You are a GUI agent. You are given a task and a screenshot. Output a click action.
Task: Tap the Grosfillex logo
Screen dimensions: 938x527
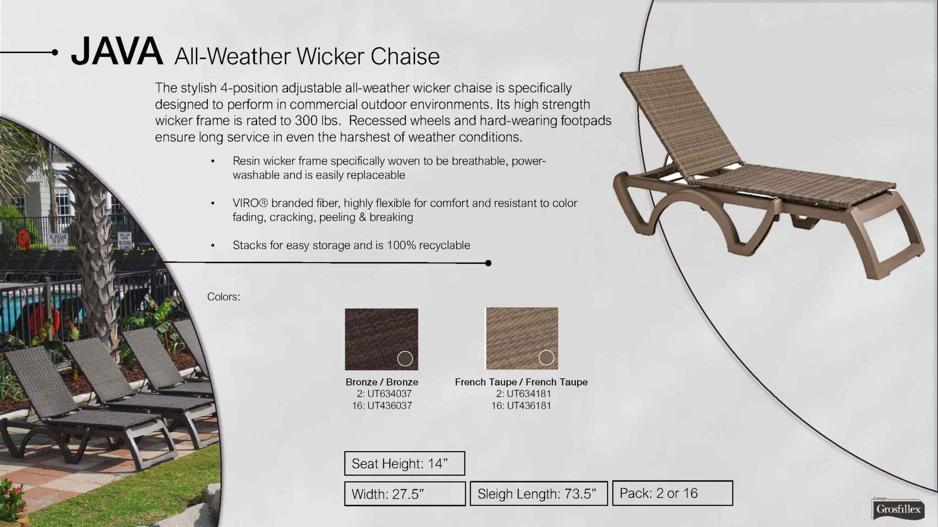coord(898,509)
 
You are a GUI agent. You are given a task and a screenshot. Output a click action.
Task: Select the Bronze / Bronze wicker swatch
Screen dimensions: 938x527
coord(382,339)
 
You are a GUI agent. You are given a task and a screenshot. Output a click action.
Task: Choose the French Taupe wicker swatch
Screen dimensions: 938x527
coord(522,339)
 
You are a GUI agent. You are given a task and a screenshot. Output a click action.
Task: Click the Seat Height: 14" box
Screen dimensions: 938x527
coord(404,463)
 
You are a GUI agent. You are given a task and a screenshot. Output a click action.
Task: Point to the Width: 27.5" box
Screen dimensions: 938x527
coord(405,494)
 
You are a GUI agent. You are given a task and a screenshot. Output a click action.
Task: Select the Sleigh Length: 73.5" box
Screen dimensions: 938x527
coord(539,494)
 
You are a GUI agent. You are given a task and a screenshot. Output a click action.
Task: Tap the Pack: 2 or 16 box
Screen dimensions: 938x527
coord(672,493)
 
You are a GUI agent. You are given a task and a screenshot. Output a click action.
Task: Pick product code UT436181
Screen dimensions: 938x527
coord(529,405)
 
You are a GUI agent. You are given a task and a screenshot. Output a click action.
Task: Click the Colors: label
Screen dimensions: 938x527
coord(224,296)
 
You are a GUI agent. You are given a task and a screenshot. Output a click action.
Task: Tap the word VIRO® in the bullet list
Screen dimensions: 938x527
coord(250,203)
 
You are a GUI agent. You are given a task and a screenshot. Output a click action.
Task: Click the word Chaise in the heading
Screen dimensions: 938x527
coord(405,56)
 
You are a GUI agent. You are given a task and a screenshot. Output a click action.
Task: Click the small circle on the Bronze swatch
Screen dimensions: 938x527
coord(405,359)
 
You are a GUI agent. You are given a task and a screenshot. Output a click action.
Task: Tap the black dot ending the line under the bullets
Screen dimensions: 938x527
coord(488,263)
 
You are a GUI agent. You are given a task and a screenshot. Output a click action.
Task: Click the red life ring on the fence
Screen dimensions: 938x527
coord(23,237)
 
